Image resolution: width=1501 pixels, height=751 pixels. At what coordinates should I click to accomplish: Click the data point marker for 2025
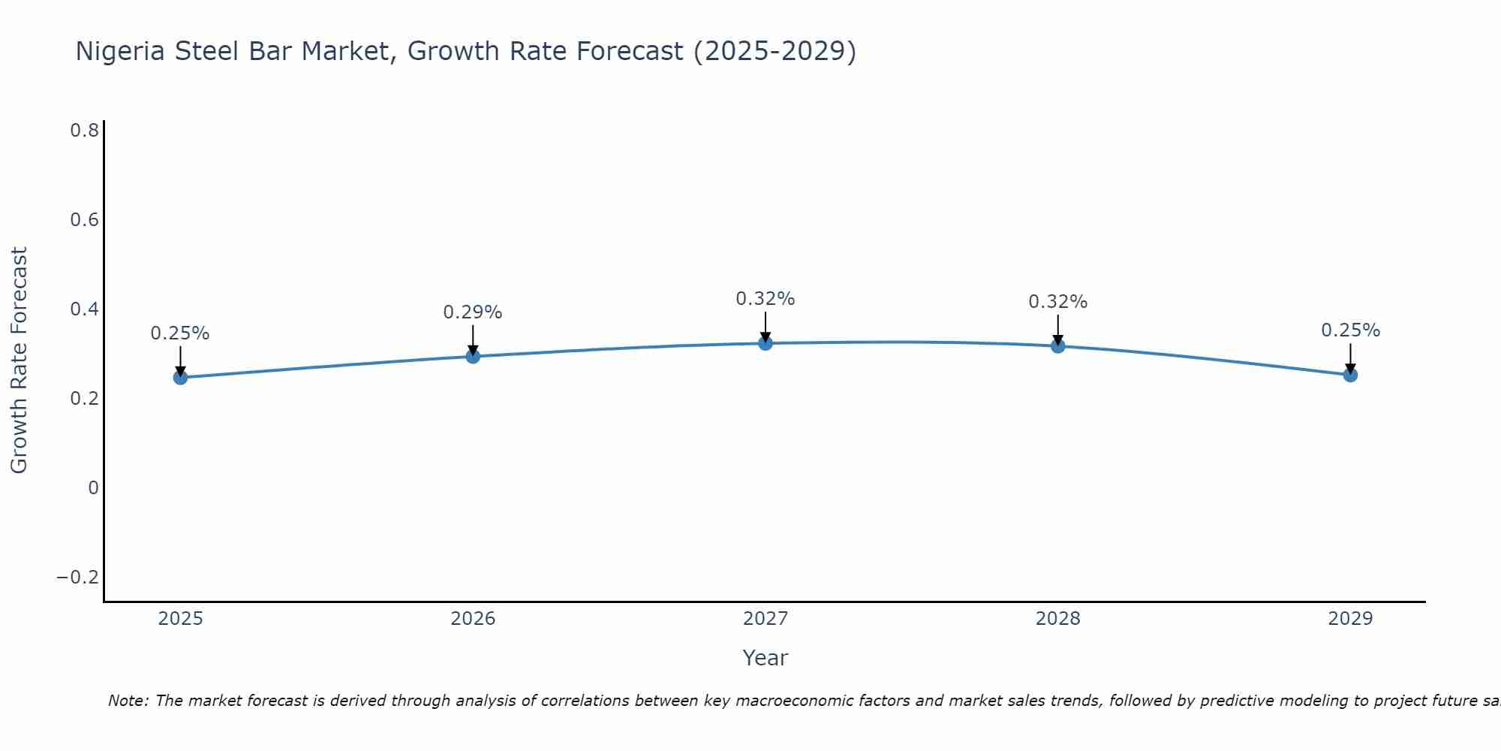coord(180,377)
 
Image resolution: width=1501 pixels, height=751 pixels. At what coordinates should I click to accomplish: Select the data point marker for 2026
coord(473,356)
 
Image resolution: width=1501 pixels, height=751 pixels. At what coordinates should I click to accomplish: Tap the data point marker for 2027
coord(766,343)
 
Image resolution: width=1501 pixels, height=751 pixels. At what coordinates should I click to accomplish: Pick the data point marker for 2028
coord(1057,346)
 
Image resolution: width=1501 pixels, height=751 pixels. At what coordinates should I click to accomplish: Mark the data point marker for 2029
coord(1350,375)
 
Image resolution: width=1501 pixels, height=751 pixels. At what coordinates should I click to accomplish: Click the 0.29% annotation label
coord(472,312)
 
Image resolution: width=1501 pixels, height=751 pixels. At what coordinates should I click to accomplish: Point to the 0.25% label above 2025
coord(180,333)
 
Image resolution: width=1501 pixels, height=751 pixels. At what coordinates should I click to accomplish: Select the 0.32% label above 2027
coord(765,299)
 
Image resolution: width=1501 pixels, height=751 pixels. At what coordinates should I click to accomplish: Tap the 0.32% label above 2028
coord(1057,302)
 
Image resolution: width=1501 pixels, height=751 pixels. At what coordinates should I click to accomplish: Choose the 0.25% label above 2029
coord(1350,330)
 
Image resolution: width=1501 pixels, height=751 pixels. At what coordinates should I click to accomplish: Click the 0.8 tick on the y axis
coord(84,131)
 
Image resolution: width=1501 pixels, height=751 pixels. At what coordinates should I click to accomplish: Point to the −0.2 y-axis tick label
coord(77,578)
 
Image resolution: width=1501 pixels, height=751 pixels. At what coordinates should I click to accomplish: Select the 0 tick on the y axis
coord(93,488)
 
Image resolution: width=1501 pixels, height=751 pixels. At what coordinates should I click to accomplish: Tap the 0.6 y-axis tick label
coord(84,220)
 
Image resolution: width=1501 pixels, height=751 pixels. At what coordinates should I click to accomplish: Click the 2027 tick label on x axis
coord(765,619)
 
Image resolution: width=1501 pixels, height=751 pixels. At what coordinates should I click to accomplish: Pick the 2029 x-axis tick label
coord(1350,619)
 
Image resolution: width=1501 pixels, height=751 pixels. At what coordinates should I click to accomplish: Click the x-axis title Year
coord(765,659)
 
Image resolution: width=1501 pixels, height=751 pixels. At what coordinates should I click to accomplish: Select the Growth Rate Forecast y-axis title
coord(19,360)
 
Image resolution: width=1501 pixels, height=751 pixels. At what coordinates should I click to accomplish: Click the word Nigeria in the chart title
coord(122,51)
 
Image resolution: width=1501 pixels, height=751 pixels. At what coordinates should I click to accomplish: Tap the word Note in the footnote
coord(128,701)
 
